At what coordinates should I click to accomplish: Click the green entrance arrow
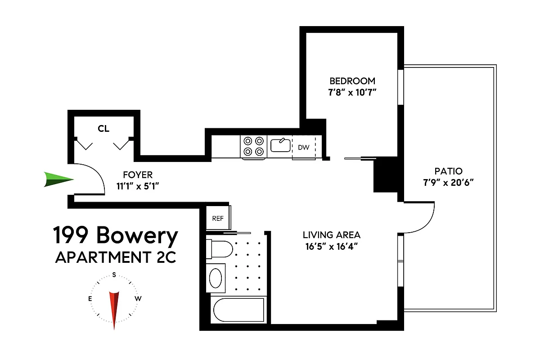(58, 180)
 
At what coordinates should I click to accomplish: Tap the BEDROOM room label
(352, 81)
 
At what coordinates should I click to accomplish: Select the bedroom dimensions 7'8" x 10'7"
(352, 93)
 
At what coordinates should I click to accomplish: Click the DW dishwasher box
(303, 147)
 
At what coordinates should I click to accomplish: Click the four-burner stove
(253, 146)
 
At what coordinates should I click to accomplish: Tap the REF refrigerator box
(218, 218)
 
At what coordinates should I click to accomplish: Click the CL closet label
(103, 128)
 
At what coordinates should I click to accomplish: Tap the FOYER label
(138, 175)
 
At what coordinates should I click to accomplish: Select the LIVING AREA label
(332, 235)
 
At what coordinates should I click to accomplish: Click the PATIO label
(448, 171)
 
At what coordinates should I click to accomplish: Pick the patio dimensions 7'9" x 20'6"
(448, 183)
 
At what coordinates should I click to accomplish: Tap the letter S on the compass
(114, 274)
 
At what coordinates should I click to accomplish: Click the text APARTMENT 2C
(115, 257)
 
